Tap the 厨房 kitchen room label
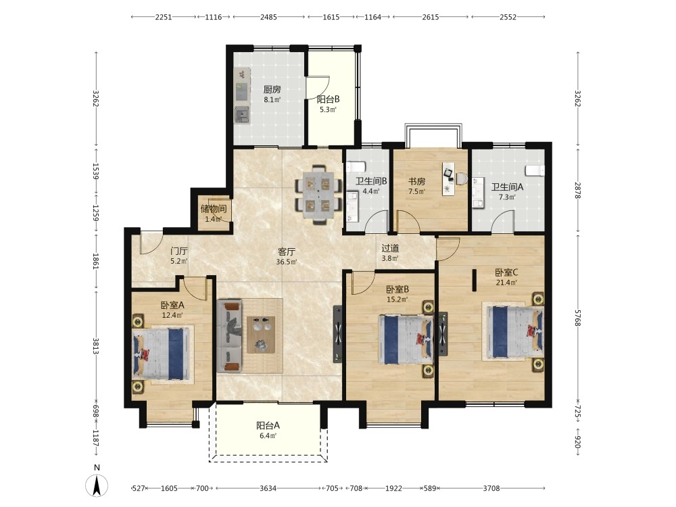pyautogui.click(x=272, y=89)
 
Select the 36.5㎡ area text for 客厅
pyautogui.click(x=286, y=262)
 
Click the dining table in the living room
pyautogui.click(x=318, y=195)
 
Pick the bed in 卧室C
pyautogui.click(x=513, y=331)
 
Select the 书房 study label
pyautogui.click(x=417, y=181)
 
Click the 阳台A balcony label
pyautogui.click(x=268, y=425)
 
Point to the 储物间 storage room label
pyautogui.click(x=214, y=209)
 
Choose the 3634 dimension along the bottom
pyautogui.click(x=268, y=489)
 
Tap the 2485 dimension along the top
pyautogui.click(x=268, y=18)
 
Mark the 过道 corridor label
pyautogui.click(x=390, y=248)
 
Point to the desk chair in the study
pyautogui.click(x=462, y=178)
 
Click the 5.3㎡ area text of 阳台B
pyautogui.click(x=328, y=110)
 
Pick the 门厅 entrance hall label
pyautogui.click(x=179, y=251)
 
